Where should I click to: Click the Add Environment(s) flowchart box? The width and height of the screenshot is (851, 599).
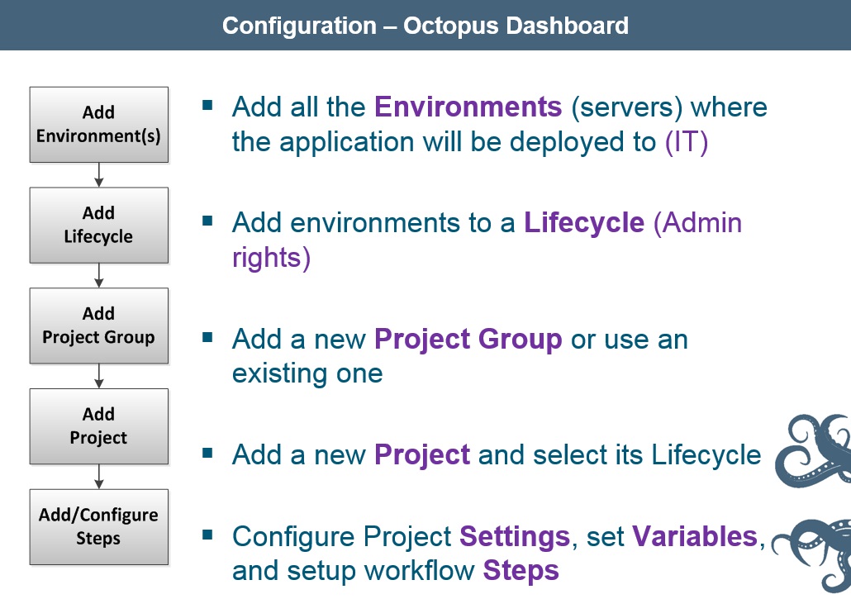[x=98, y=124]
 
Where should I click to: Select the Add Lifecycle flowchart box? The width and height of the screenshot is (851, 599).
[x=98, y=225]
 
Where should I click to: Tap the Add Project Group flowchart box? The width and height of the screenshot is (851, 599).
[x=98, y=326]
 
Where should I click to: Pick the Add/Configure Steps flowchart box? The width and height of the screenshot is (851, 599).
[x=98, y=527]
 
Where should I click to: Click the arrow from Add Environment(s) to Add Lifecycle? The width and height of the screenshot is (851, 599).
[x=99, y=174]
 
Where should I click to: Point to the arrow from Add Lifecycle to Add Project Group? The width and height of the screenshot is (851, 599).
[x=99, y=275]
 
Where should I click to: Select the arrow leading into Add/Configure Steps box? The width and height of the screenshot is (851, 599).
[x=99, y=477]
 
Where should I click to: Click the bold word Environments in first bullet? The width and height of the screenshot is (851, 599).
[x=468, y=107]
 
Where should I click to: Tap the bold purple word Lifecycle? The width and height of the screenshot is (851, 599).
[x=583, y=223]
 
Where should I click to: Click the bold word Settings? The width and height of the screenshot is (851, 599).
[x=514, y=537]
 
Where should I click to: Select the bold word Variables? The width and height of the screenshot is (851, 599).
[x=695, y=537]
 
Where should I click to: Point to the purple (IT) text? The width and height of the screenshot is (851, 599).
[x=687, y=142]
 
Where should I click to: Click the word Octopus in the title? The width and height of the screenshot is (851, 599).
[x=450, y=26]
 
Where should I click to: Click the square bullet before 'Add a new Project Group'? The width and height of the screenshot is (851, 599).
[x=207, y=337]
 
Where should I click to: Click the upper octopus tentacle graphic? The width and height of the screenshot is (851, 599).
[x=815, y=449]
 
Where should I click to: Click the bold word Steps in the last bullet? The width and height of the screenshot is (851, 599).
[x=521, y=571]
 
